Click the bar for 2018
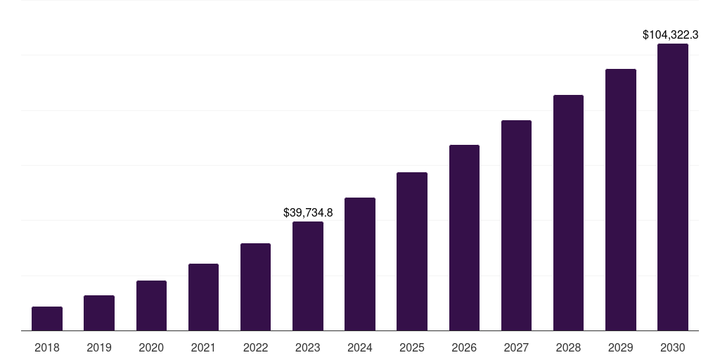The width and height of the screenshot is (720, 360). [47, 319]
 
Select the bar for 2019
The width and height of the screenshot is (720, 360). [99, 313]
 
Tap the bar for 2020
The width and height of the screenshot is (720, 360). [151, 305]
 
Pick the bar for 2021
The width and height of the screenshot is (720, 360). [203, 297]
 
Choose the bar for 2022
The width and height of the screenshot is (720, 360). [255, 287]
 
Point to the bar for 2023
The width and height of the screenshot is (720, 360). [308, 276]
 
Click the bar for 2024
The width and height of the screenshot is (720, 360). [360, 264]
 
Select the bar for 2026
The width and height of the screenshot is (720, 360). [464, 238]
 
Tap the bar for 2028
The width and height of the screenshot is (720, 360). [568, 212]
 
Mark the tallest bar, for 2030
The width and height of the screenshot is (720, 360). [673, 187]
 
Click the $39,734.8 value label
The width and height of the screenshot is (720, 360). [308, 212]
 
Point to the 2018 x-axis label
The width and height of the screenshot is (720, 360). [47, 347]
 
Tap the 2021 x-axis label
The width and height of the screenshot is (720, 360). [203, 347]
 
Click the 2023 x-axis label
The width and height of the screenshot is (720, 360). [308, 347]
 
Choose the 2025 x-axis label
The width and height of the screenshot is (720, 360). [412, 347]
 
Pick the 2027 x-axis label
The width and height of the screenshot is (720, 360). [516, 347]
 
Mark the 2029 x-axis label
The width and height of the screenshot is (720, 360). [620, 347]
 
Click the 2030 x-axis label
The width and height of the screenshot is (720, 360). [673, 347]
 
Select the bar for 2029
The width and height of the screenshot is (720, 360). [620, 200]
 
